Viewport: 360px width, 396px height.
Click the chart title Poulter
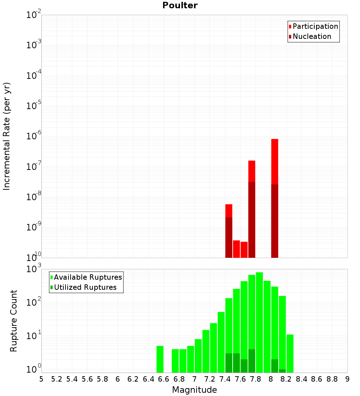click(x=180, y=5)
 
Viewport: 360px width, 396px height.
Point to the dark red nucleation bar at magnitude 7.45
click(x=229, y=237)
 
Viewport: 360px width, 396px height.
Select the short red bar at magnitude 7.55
click(x=237, y=249)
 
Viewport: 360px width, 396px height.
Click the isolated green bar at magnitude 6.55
click(x=160, y=359)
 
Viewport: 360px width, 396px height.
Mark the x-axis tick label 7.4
click(x=225, y=379)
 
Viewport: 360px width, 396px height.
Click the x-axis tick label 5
click(x=41, y=379)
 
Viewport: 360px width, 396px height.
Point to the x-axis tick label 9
click(x=347, y=379)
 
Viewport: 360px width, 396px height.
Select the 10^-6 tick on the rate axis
click(x=34, y=136)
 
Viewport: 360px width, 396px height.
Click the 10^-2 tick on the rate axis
click(x=34, y=15)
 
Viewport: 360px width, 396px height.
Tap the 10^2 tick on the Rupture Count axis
click(x=35, y=302)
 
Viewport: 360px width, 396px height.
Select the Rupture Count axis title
click(x=14, y=321)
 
